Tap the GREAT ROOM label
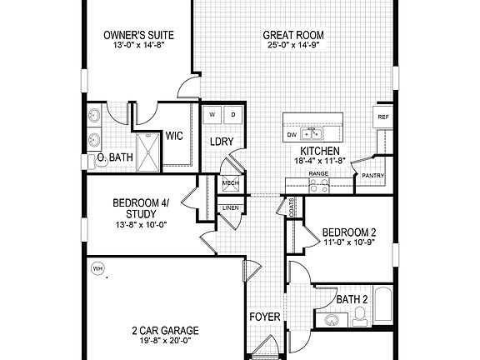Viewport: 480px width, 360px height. click(x=293, y=35)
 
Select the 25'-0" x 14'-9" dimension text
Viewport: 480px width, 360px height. click(x=293, y=47)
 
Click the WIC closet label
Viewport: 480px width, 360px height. click(x=174, y=135)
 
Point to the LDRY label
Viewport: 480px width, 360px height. click(x=221, y=142)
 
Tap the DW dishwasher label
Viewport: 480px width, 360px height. click(x=291, y=133)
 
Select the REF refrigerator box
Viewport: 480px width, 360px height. click(x=383, y=117)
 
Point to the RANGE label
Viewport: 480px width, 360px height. click(x=318, y=174)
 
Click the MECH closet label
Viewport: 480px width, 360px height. click(x=230, y=183)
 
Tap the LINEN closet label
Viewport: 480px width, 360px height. click(x=230, y=207)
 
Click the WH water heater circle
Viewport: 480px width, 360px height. click(x=97, y=269)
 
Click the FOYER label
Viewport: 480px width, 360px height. click(x=264, y=317)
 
